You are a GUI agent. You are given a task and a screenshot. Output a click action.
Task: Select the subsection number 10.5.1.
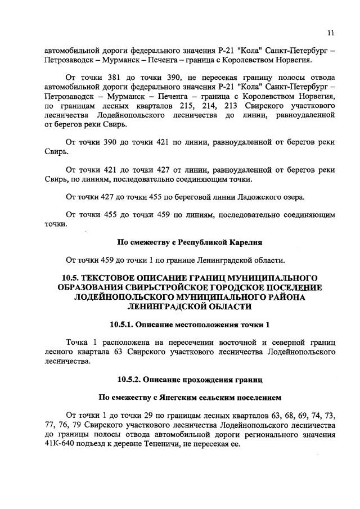coord(125,325)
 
